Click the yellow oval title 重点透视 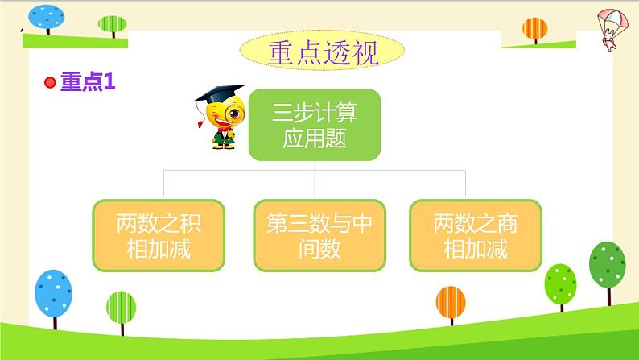pyautogui.click(x=322, y=51)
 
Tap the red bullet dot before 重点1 pyautogui.click(x=50, y=82)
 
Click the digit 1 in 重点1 pyautogui.click(x=109, y=81)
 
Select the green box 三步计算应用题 pyautogui.click(x=315, y=125)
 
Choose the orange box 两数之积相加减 pyautogui.click(x=159, y=235)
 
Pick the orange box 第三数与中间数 pyautogui.click(x=319, y=235)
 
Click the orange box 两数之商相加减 pyautogui.click(x=476, y=235)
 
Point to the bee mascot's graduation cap pyautogui.click(x=220, y=93)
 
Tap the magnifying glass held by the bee pyautogui.click(x=235, y=114)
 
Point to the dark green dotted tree pyautogui.click(x=608, y=265)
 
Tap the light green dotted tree pyautogui.click(x=561, y=284)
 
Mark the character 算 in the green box pyautogui.click(x=346, y=112)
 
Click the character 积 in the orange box pyautogui.click(x=191, y=223)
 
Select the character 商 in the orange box pyautogui.click(x=507, y=223)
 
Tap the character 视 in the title pyautogui.click(x=365, y=53)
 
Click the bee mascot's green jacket pyautogui.click(x=223, y=137)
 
